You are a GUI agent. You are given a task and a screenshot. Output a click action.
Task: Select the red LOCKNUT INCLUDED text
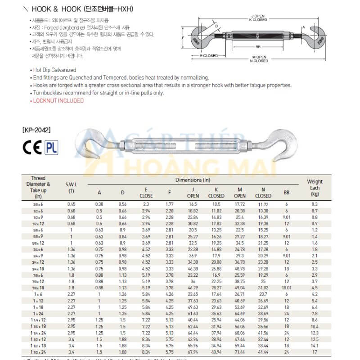[58, 101]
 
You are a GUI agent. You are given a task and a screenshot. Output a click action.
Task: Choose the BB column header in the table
[286, 192]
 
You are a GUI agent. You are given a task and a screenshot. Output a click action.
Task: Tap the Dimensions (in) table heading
[193, 180]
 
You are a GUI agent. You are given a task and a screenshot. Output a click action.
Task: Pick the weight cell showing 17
[315, 352]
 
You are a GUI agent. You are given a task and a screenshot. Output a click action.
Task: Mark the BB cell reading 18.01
[286, 288]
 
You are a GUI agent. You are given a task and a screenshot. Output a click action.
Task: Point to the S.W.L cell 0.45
[72, 204]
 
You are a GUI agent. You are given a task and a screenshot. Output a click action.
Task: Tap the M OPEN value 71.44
[240, 352]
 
